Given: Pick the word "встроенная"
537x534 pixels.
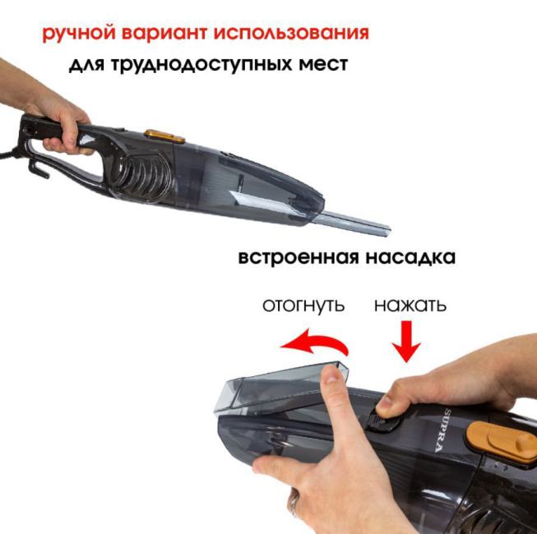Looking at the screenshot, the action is tap(298, 257).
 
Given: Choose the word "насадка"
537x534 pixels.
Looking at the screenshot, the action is tap(410, 258).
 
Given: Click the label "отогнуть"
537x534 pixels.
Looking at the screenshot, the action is tap(303, 305).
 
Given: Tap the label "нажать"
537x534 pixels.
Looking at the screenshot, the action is tap(410, 305).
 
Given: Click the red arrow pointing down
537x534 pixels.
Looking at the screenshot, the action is tap(406, 342).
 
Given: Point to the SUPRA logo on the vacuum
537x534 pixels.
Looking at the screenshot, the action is tap(442, 430).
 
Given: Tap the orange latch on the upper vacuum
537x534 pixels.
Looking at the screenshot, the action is tap(164, 136).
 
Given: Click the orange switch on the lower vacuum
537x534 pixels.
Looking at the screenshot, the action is tap(502, 442).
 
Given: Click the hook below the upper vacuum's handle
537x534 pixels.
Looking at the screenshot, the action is tap(38, 169).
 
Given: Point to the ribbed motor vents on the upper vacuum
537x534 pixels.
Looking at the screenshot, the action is tap(142, 176).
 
